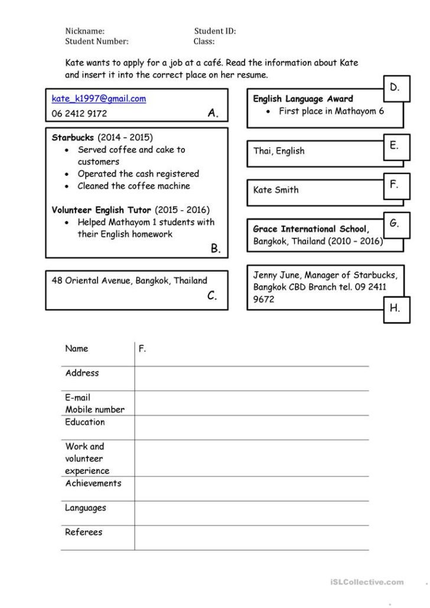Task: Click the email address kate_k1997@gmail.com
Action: click(99, 99)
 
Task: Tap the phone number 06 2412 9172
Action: click(79, 113)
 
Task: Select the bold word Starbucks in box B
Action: click(73, 138)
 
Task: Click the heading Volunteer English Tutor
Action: click(102, 210)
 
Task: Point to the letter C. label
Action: click(213, 296)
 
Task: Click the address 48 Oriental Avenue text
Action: click(129, 280)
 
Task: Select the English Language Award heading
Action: click(303, 99)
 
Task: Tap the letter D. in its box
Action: click(395, 87)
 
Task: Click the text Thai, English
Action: click(279, 151)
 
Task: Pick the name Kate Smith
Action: click(276, 189)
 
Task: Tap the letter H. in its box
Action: click(395, 308)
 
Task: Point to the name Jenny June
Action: click(276, 275)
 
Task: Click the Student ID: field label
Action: click(215, 31)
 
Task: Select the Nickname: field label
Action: click(85, 31)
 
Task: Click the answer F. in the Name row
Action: click(142, 348)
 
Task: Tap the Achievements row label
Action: click(93, 483)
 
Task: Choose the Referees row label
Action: click(83, 532)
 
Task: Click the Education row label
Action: click(85, 422)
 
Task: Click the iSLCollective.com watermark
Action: click(367, 582)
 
